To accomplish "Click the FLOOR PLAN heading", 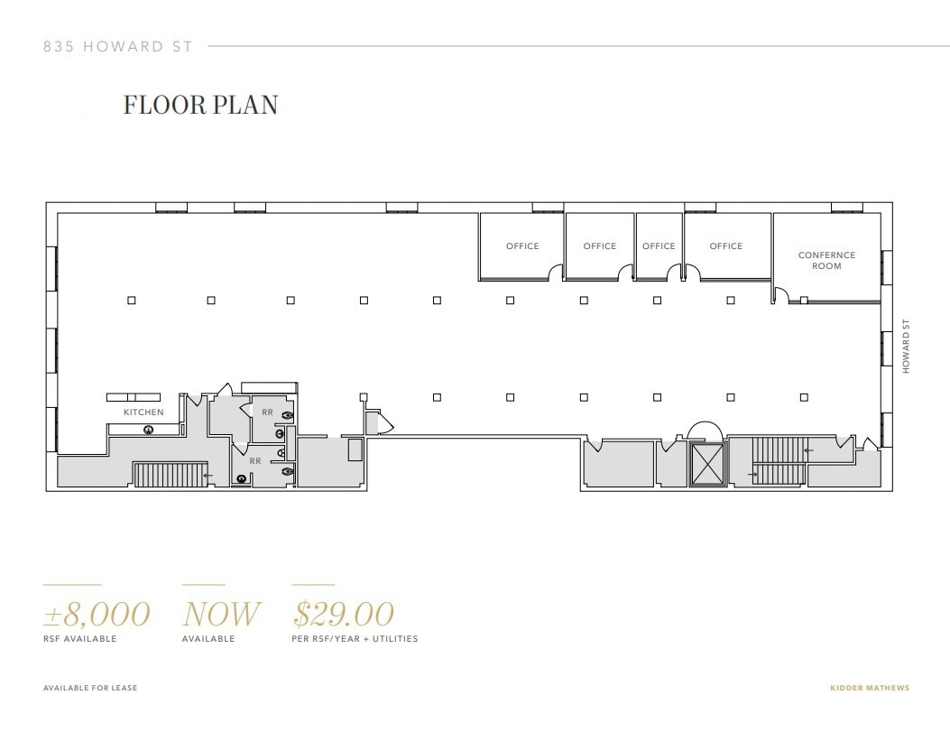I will pyautogui.click(x=200, y=105).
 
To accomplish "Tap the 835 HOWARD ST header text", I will pyautogui.click(x=118, y=47).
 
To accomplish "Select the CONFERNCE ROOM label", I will pyautogui.click(x=826, y=261).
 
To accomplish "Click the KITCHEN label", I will pyautogui.click(x=143, y=412).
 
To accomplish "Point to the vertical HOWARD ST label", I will pyautogui.click(x=906, y=347).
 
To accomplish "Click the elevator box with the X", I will pyautogui.click(x=706, y=464).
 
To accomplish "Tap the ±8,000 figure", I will pyautogui.click(x=97, y=615).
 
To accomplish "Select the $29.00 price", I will pyautogui.click(x=344, y=615).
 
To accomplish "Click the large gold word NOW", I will pyautogui.click(x=220, y=615).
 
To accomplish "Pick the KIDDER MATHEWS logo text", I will pyautogui.click(x=869, y=689).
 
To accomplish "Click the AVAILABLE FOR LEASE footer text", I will pyautogui.click(x=90, y=689).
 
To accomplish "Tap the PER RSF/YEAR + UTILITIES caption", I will pyautogui.click(x=355, y=639).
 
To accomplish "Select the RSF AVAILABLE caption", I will pyautogui.click(x=80, y=639).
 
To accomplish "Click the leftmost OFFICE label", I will pyautogui.click(x=522, y=246).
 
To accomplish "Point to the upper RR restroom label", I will pyautogui.click(x=267, y=412).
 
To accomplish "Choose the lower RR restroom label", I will pyautogui.click(x=255, y=460).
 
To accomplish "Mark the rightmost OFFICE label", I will pyautogui.click(x=725, y=246).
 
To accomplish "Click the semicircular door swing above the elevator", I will pyautogui.click(x=706, y=432).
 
